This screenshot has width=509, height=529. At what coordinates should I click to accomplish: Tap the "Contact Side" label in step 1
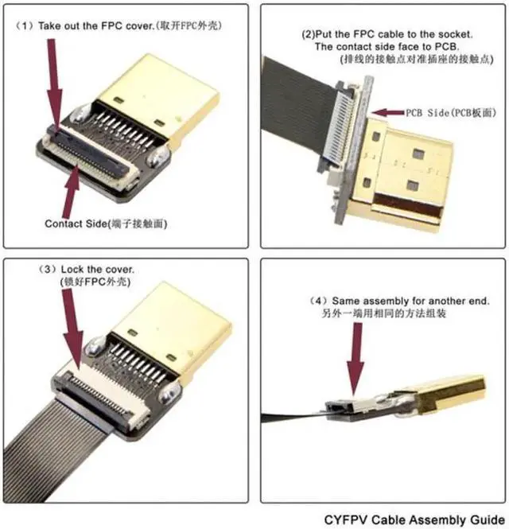(x=79, y=224)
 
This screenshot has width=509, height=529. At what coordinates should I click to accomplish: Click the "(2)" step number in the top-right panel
(x=308, y=33)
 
